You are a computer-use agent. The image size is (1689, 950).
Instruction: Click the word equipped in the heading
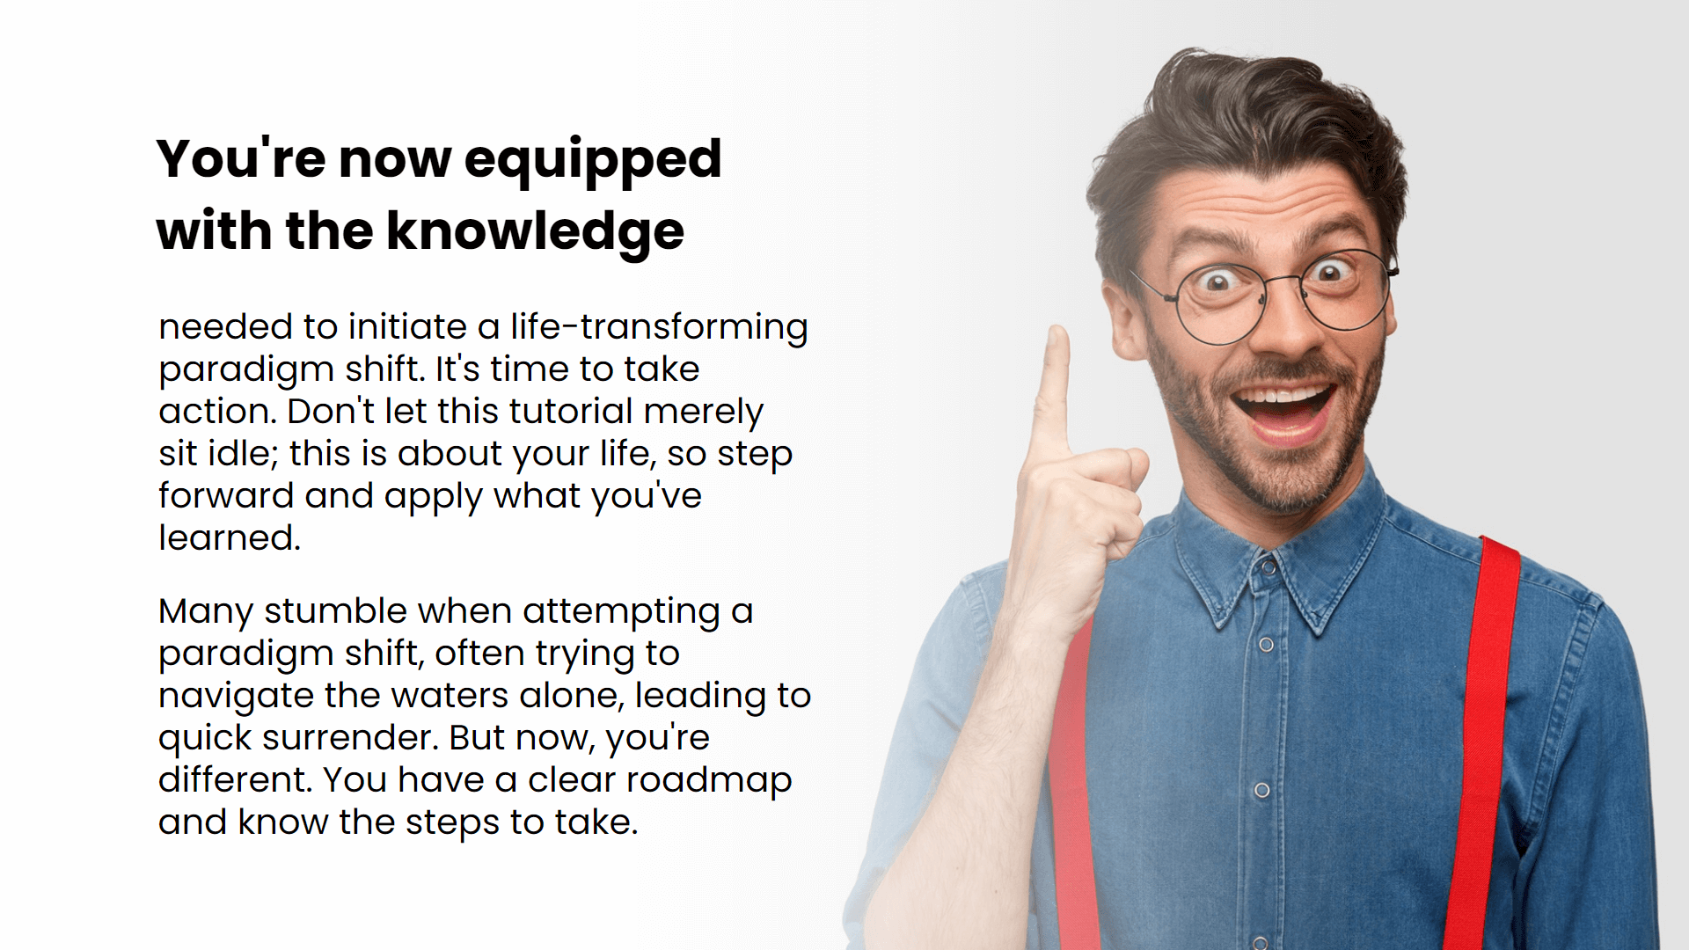tap(592, 161)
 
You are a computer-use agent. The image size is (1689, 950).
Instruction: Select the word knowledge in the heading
tap(535, 232)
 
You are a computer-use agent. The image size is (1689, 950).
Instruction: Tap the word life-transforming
tap(659, 328)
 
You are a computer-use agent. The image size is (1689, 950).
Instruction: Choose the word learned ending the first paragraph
tap(230, 537)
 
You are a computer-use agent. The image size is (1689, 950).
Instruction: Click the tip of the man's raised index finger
tap(1057, 330)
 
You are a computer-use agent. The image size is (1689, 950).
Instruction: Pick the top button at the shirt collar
tap(1268, 568)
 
